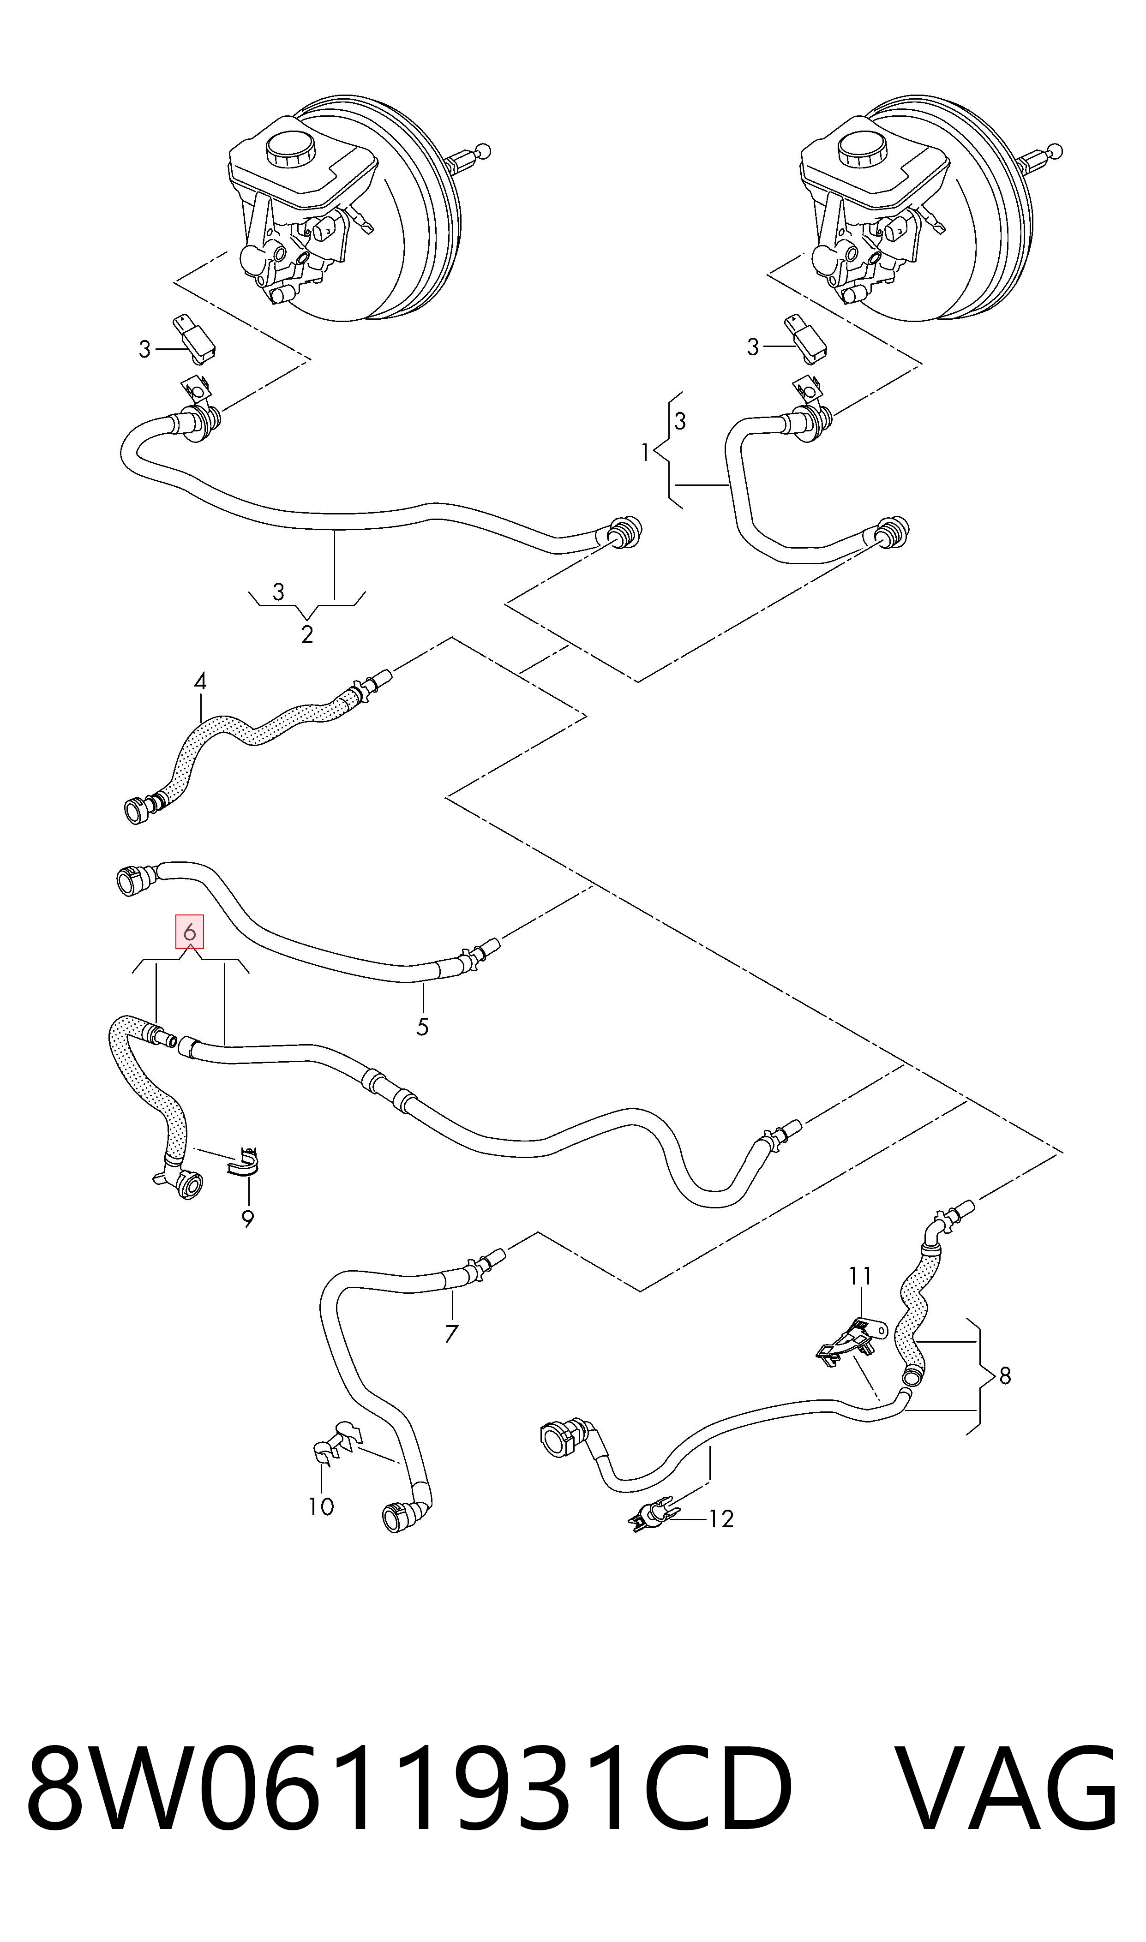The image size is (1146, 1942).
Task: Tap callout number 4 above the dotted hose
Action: click(200, 681)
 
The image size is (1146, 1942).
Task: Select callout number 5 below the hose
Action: click(422, 1028)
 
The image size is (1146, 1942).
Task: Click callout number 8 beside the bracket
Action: click(1005, 1375)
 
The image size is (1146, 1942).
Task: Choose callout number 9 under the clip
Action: click(248, 1219)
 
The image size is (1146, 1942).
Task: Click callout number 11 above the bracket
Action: click(860, 1277)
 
